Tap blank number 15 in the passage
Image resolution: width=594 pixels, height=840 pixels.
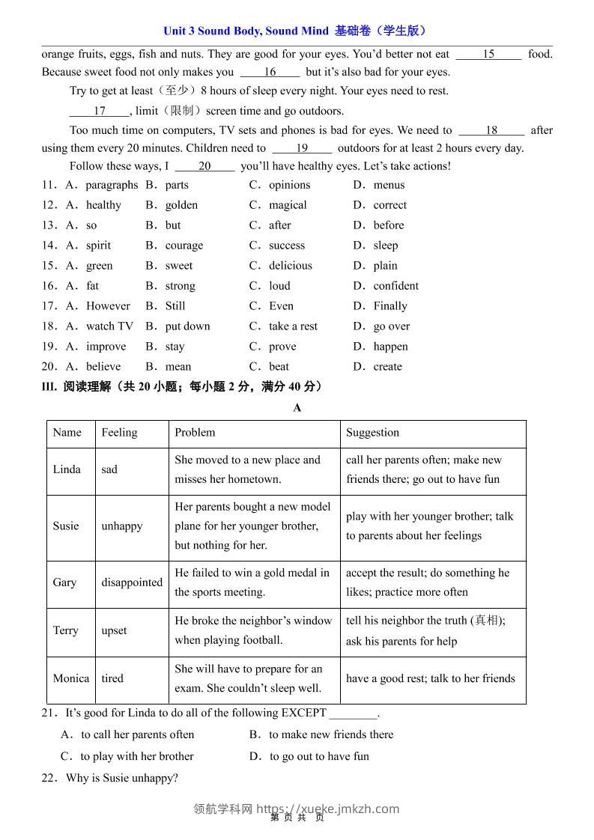(488, 54)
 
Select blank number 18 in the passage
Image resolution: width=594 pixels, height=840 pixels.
(491, 130)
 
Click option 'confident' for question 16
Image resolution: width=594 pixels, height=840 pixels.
(396, 286)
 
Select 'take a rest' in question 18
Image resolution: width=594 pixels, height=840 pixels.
(293, 326)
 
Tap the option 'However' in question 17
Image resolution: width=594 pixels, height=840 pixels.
(108, 306)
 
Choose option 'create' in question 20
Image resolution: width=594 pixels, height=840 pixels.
(387, 367)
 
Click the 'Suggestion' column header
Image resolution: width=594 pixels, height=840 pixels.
(372, 433)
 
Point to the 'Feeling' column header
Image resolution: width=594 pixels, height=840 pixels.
(119, 433)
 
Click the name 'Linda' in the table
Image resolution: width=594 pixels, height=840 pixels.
(67, 470)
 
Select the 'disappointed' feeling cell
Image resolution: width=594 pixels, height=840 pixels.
(132, 582)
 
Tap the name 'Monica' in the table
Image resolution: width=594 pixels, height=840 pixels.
(71, 679)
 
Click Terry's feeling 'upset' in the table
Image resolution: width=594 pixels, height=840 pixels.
(115, 631)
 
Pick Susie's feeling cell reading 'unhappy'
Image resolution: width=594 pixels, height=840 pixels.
(122, 526)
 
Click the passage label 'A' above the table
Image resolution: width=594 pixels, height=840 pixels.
(297, 408)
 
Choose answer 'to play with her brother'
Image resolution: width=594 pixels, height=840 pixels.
(136, 756)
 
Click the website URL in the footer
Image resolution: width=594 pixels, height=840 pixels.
(327, 809)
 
